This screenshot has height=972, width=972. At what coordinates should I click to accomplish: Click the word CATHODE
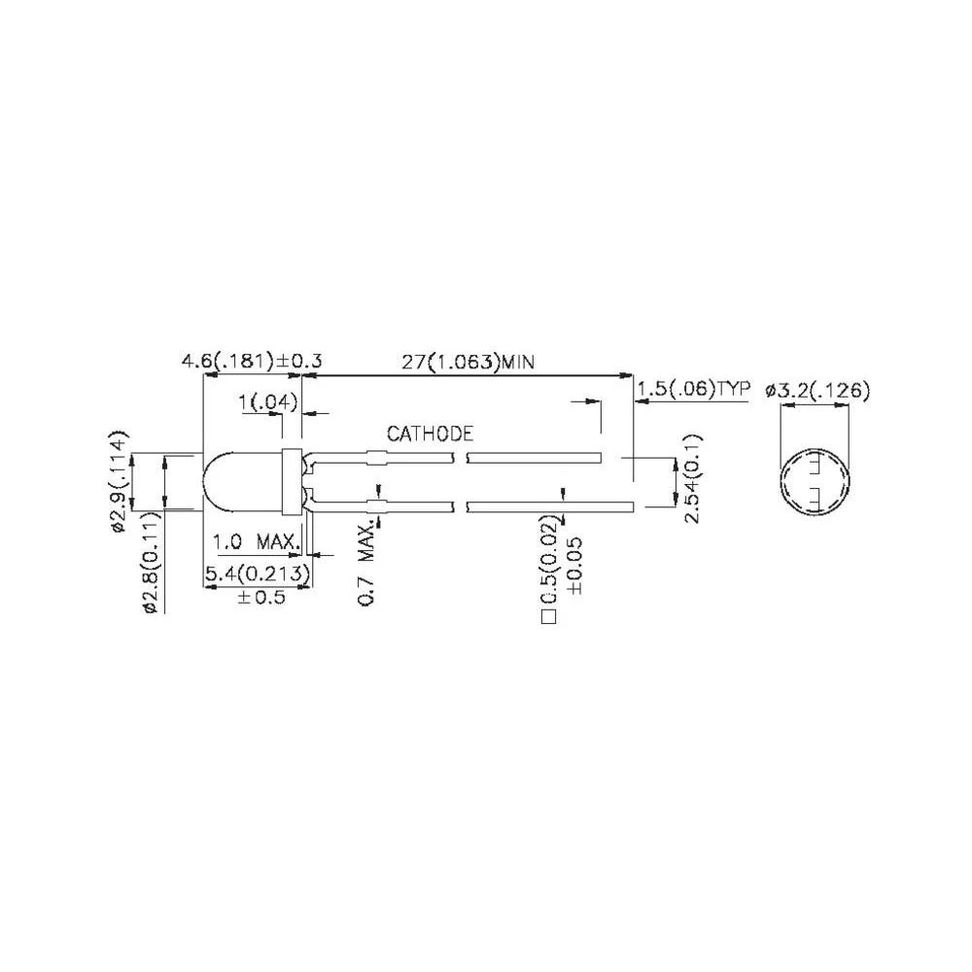click(x=430, y=434)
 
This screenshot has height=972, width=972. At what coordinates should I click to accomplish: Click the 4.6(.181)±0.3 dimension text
click(x=252, y=362)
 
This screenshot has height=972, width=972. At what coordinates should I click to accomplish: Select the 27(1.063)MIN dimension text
click(x=470, y=362)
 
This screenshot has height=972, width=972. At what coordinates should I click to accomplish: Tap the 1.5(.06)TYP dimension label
click(x=694, y=390)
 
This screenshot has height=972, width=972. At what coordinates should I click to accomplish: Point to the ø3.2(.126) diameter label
click(x=817, y=390)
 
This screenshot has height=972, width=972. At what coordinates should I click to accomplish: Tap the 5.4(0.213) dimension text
click(x=257, y=574)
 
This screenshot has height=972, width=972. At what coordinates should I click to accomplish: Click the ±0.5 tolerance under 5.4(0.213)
click(x=260, y=596)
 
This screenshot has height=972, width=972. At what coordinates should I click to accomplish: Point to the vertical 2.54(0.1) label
click(x=692, y=478)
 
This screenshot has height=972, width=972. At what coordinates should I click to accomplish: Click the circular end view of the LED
click(x=815, y=483)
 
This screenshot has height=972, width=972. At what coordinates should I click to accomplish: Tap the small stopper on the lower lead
click(x=375, y=505)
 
